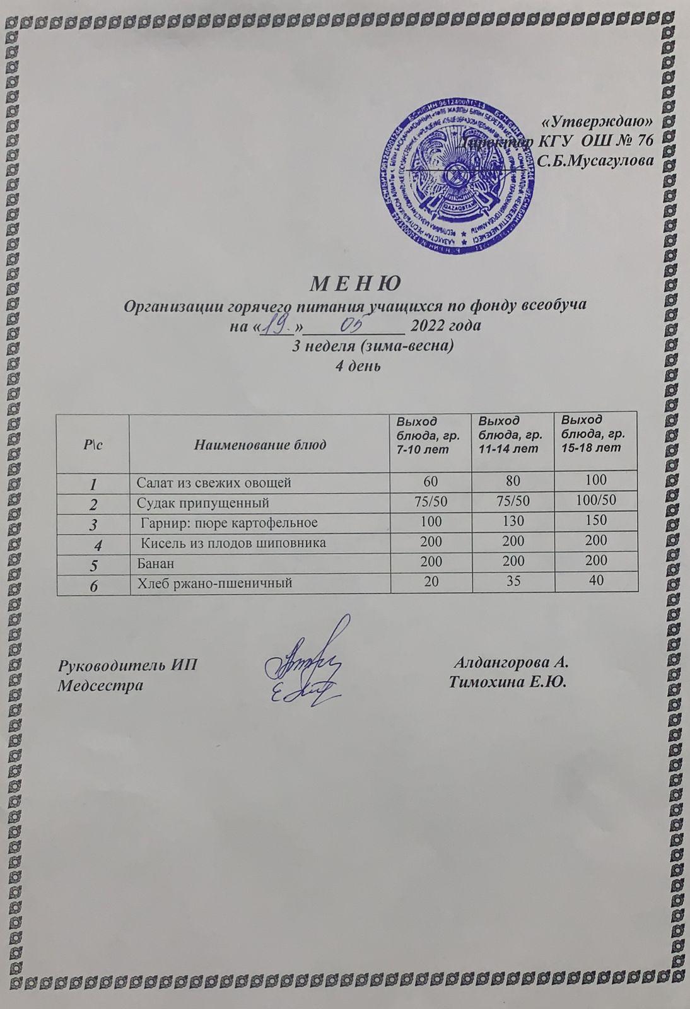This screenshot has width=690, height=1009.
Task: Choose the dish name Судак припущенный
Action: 203,503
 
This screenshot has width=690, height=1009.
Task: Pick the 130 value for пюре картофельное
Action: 512,522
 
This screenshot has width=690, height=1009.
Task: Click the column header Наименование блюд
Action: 259,445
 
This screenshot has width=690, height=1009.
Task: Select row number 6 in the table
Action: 93,585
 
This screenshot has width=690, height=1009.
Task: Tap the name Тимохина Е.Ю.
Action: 509,683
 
